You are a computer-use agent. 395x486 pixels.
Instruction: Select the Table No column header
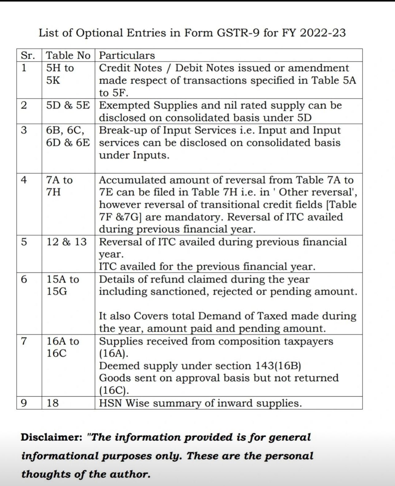(x=68, y=55)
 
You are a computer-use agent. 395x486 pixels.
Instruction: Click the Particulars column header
(x=127, y=55)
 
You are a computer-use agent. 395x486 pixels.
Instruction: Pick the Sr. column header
(x=27, y=55)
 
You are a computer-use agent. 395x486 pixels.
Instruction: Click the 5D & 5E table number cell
(x=68, y=105)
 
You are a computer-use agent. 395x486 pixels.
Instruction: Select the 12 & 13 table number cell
(x=66, y=242)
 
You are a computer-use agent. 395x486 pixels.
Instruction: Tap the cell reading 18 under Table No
(x=52, y=403)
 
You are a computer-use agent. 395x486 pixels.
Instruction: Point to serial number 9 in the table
(x=24, y=403)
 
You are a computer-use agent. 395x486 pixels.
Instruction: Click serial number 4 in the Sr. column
(x=24, y=180)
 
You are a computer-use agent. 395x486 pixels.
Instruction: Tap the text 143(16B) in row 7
(x=278, y=366)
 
